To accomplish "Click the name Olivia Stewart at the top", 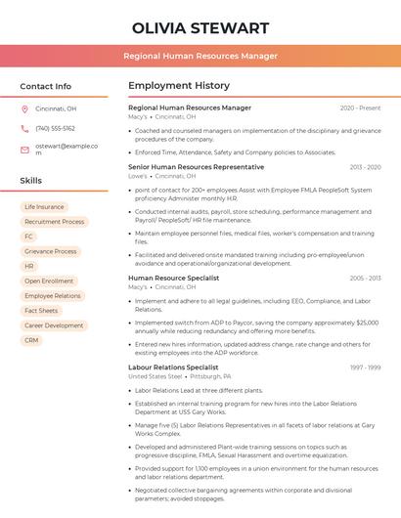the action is tap(200, 27).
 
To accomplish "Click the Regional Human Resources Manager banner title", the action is tap(200, 56).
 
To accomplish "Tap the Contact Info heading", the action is tap(45, 86).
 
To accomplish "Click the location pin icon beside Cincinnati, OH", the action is tap(24, 108).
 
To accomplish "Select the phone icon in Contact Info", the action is tap(24, 128).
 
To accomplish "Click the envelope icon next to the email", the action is tap(24, 149).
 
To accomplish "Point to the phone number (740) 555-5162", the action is tap(55, 128).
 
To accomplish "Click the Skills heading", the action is tap(30, 181).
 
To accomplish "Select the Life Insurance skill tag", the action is tap(44, 207).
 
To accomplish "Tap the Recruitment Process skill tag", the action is tap(54, 222).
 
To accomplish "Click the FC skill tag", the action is tap(28, 237).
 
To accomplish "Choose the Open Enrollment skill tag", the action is tap(49, 281).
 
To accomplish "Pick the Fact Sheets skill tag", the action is tap(41, 311).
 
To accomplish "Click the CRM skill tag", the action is tap(31, 340).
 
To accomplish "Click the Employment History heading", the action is tap(179, 86).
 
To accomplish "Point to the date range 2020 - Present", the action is tap(360, 108).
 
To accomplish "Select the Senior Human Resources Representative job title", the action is tap(196, 166).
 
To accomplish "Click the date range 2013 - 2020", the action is tap(365, 167).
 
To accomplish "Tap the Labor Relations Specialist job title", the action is tap(173, 367).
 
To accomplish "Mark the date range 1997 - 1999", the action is tap(365, 367).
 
